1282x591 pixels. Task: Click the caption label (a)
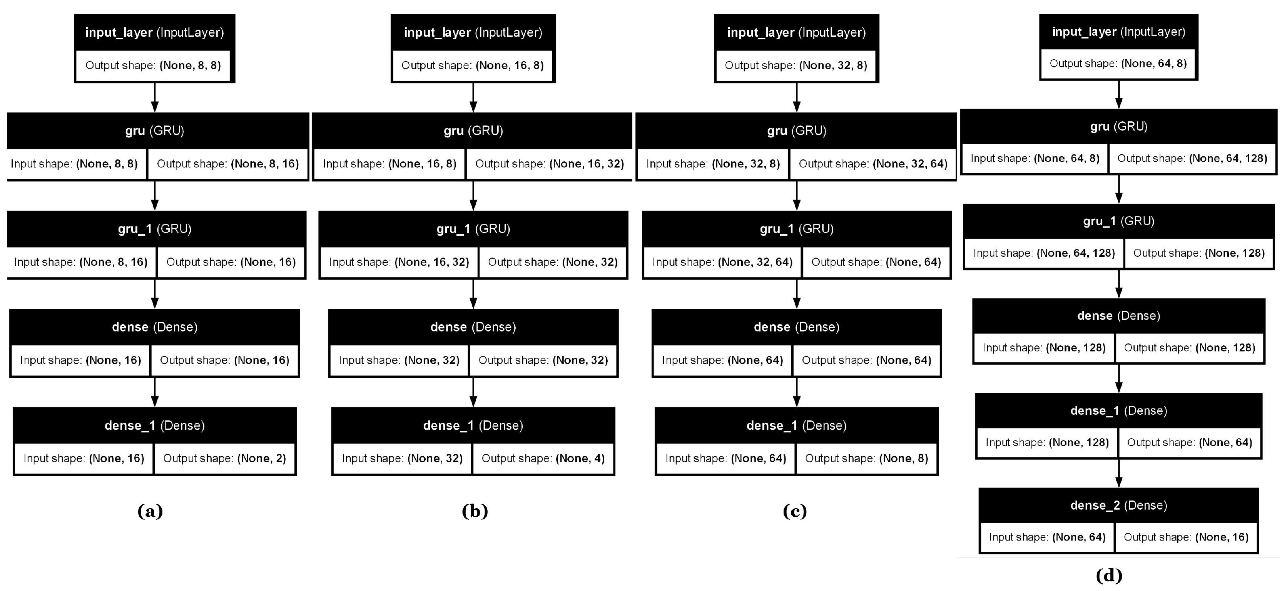150,511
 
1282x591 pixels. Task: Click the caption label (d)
1109,576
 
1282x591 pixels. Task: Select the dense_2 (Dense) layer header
1118,506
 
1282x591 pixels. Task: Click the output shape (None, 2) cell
224,459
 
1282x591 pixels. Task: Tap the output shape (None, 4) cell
543,459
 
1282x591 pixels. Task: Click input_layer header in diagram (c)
796,33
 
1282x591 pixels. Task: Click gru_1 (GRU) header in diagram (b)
473,229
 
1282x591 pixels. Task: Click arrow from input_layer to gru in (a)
155,97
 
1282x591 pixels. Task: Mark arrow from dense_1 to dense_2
1119,473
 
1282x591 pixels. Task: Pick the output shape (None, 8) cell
866,459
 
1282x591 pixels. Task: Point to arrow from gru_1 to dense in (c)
797,294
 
